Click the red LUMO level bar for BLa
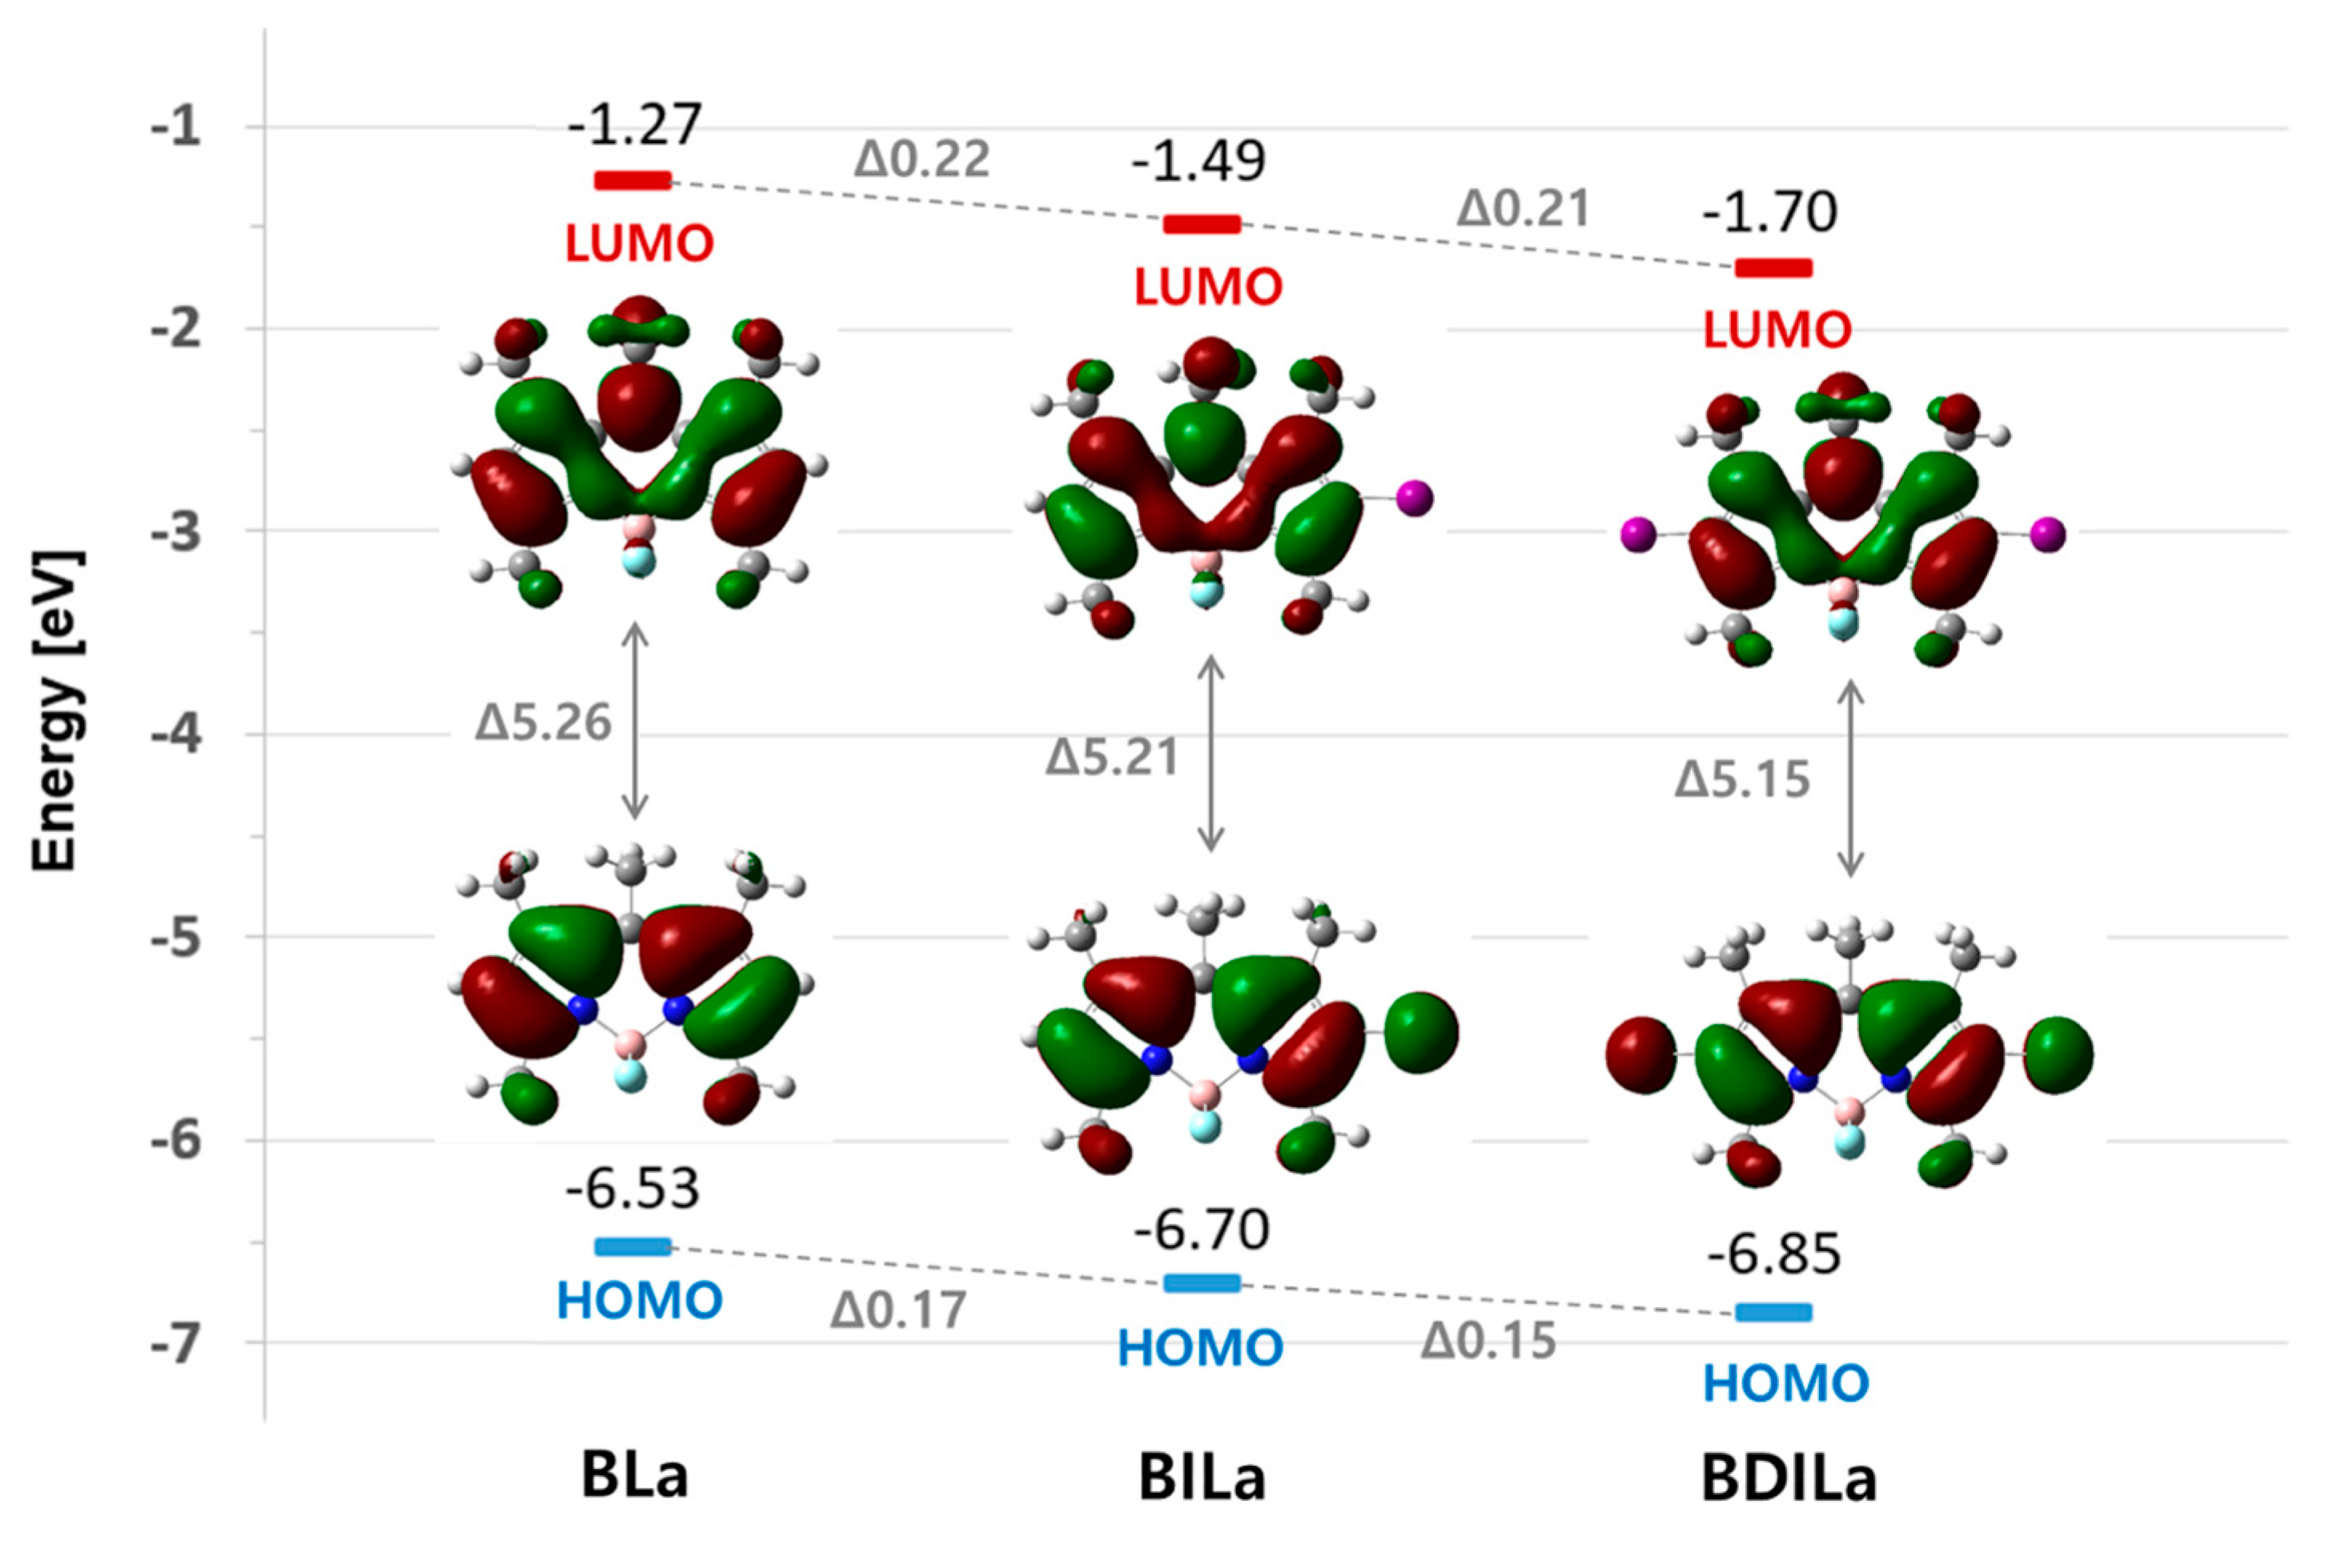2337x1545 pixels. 632,180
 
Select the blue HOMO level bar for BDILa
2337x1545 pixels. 1773,1312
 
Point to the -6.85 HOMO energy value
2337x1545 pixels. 1773,1255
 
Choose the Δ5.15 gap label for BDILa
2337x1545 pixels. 1743,780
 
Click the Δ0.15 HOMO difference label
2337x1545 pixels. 1488,1341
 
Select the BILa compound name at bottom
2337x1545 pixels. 1202,1479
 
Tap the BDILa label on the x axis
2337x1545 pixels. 1788,1479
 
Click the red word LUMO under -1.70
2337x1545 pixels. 1778,331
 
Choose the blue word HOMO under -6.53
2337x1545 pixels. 640,1302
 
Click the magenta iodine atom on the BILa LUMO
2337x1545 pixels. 1415,498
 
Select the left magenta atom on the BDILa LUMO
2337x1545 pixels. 1638,536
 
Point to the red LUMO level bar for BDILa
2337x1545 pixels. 1773,268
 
